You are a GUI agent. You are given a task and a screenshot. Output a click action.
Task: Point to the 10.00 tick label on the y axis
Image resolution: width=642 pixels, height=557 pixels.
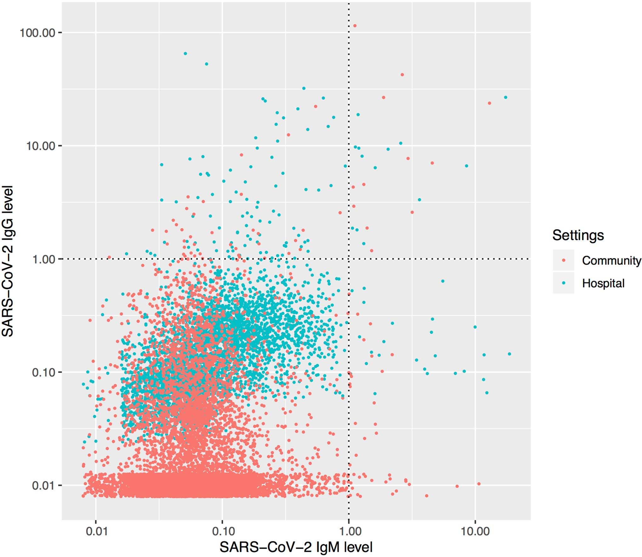pyautogui.click(x=40, y=146)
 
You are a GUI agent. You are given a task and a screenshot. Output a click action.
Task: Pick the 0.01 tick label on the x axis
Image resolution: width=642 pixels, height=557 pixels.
pyautogui.click(x=96, y=531)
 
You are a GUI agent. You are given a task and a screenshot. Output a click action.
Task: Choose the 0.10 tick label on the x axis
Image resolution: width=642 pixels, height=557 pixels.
pyautogui.click(x=223, y=531)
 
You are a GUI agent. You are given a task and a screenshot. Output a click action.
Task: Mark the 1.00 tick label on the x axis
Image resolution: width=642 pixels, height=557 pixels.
pyautogui.click(x=349, y=531)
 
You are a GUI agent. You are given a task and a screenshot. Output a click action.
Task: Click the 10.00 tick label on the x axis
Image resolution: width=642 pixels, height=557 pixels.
pyautogui.click(x=475, y=531)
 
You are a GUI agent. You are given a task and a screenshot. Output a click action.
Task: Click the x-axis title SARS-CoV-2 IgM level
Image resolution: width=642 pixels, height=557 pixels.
pyautogui.click(x=296, y=547)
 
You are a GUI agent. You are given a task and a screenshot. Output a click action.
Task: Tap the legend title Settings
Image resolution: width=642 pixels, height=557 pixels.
pyautogui.click(x=578, y=235)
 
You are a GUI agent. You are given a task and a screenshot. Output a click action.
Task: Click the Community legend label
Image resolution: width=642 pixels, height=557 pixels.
pyautogui.click(x=611, y=261)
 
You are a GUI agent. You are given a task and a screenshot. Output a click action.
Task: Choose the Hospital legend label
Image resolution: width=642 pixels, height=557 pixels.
pyautogui.click(x=603, y=283)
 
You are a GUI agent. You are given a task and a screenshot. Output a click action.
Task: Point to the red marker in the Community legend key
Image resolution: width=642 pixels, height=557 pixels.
pyautogui.click(x=563, y=260)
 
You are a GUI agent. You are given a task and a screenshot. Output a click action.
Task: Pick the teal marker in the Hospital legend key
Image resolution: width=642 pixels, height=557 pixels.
pyautogui.click(x=563, y=283)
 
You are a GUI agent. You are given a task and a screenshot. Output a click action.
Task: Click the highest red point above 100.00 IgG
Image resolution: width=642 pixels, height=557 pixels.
pyautogui.click(x=355, y=26)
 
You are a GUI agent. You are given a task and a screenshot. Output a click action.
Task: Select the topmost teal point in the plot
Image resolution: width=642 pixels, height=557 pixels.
pyautogui.click(x=185, y=54)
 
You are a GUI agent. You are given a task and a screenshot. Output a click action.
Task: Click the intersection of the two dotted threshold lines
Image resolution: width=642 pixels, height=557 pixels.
pyautogui.click(x=349, y=259)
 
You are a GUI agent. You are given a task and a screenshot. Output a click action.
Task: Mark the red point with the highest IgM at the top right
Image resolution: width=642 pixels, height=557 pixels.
pyautogui.click(x=489, y=103)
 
